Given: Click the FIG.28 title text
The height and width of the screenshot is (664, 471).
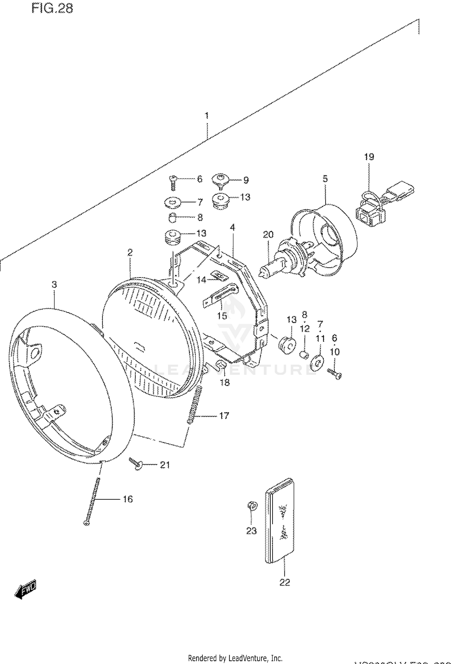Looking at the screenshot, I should click(52, 8).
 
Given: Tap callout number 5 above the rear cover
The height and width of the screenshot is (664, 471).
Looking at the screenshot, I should click(325, 179).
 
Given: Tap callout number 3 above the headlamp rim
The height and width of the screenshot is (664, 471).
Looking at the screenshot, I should click(54, 284).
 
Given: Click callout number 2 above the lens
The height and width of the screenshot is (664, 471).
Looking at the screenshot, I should click(130, 252).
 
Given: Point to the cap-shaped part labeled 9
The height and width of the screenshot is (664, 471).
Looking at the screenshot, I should click(220, 180).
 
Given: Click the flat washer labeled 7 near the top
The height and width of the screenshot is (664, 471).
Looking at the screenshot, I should click(173, 202).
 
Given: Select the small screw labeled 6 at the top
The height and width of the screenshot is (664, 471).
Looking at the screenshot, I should click(172, 182).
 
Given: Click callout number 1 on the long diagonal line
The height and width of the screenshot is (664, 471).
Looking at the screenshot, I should click(207, 115).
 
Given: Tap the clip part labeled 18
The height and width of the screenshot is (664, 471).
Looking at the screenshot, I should click(222, 365).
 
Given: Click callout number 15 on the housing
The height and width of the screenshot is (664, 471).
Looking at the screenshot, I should click(222, 315).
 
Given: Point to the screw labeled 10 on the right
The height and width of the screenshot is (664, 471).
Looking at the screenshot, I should click(335, 373).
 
